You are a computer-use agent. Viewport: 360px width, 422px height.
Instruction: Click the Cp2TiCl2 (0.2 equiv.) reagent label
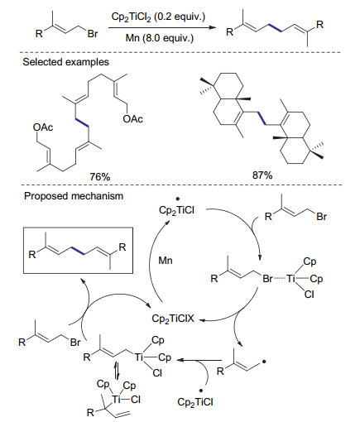[158, 17]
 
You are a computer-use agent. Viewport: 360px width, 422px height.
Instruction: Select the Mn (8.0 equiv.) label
[160, 37]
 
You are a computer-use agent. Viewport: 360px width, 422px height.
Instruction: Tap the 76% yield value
[100, 176]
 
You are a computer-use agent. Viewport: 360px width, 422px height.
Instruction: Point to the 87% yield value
[262, 175]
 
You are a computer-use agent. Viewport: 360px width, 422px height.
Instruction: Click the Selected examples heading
[65, 62]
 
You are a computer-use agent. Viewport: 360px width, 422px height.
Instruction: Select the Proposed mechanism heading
[74, 196]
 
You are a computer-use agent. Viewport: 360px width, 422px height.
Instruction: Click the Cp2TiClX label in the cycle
[173, 319]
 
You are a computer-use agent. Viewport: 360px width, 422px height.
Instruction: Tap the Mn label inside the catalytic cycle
[166, 261]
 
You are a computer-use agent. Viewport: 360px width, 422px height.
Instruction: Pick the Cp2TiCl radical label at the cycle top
[176, 210]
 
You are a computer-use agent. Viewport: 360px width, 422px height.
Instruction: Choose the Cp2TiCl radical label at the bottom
[195, 401]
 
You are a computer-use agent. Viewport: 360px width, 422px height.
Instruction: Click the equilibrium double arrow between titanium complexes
[117, 371]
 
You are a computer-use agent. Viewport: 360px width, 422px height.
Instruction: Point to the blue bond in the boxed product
[79, 251]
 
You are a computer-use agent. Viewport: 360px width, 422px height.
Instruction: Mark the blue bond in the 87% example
[261, 118]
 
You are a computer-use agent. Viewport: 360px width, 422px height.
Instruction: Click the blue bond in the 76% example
[81, 122]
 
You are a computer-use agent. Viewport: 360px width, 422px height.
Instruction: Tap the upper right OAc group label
[133, 119]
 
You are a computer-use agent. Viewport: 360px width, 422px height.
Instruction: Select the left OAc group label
[43, 127]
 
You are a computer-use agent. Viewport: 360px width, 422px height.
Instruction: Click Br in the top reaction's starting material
[93, 34]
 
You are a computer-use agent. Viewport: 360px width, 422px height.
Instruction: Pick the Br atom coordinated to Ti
[267, 279]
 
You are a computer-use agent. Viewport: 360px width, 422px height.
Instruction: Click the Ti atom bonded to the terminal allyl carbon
[138, 357]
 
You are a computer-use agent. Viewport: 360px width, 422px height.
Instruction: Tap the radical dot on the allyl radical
[264, 361]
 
